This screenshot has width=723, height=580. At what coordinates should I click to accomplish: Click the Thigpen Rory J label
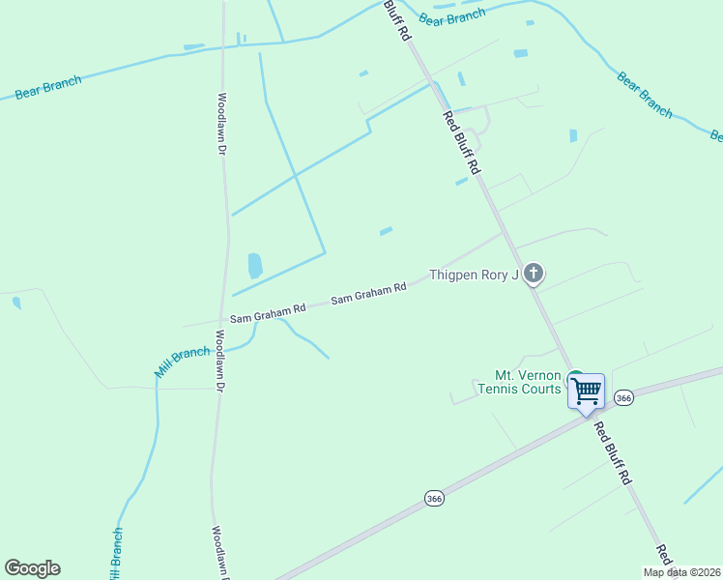[x=474, y=275]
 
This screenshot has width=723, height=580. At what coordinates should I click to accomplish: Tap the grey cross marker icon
[x=533, y=274]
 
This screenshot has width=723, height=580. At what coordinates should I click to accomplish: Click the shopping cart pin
[x=585, y=391]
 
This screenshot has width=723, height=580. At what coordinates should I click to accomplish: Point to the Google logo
[x=32, y=568]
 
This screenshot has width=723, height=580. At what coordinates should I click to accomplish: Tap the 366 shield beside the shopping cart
[x=624, y=398]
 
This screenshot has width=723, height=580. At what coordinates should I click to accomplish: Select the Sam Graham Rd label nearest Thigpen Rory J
[x=368, y=294]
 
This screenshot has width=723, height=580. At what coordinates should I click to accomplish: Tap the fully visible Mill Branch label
[x=182, y=362]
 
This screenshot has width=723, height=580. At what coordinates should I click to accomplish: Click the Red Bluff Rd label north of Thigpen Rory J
[x=461, y=142]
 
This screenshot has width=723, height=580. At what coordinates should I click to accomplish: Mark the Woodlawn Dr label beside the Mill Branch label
[x=219, y=361]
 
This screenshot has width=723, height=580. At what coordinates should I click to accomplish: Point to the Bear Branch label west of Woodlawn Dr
[x=48, y=87]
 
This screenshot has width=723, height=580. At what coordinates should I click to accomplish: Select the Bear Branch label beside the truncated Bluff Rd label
[x=452, y=16]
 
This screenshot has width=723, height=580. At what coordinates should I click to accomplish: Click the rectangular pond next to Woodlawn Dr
[x=254, y=265]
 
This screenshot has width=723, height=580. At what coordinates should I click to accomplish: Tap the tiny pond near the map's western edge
[x=16, y=303]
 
